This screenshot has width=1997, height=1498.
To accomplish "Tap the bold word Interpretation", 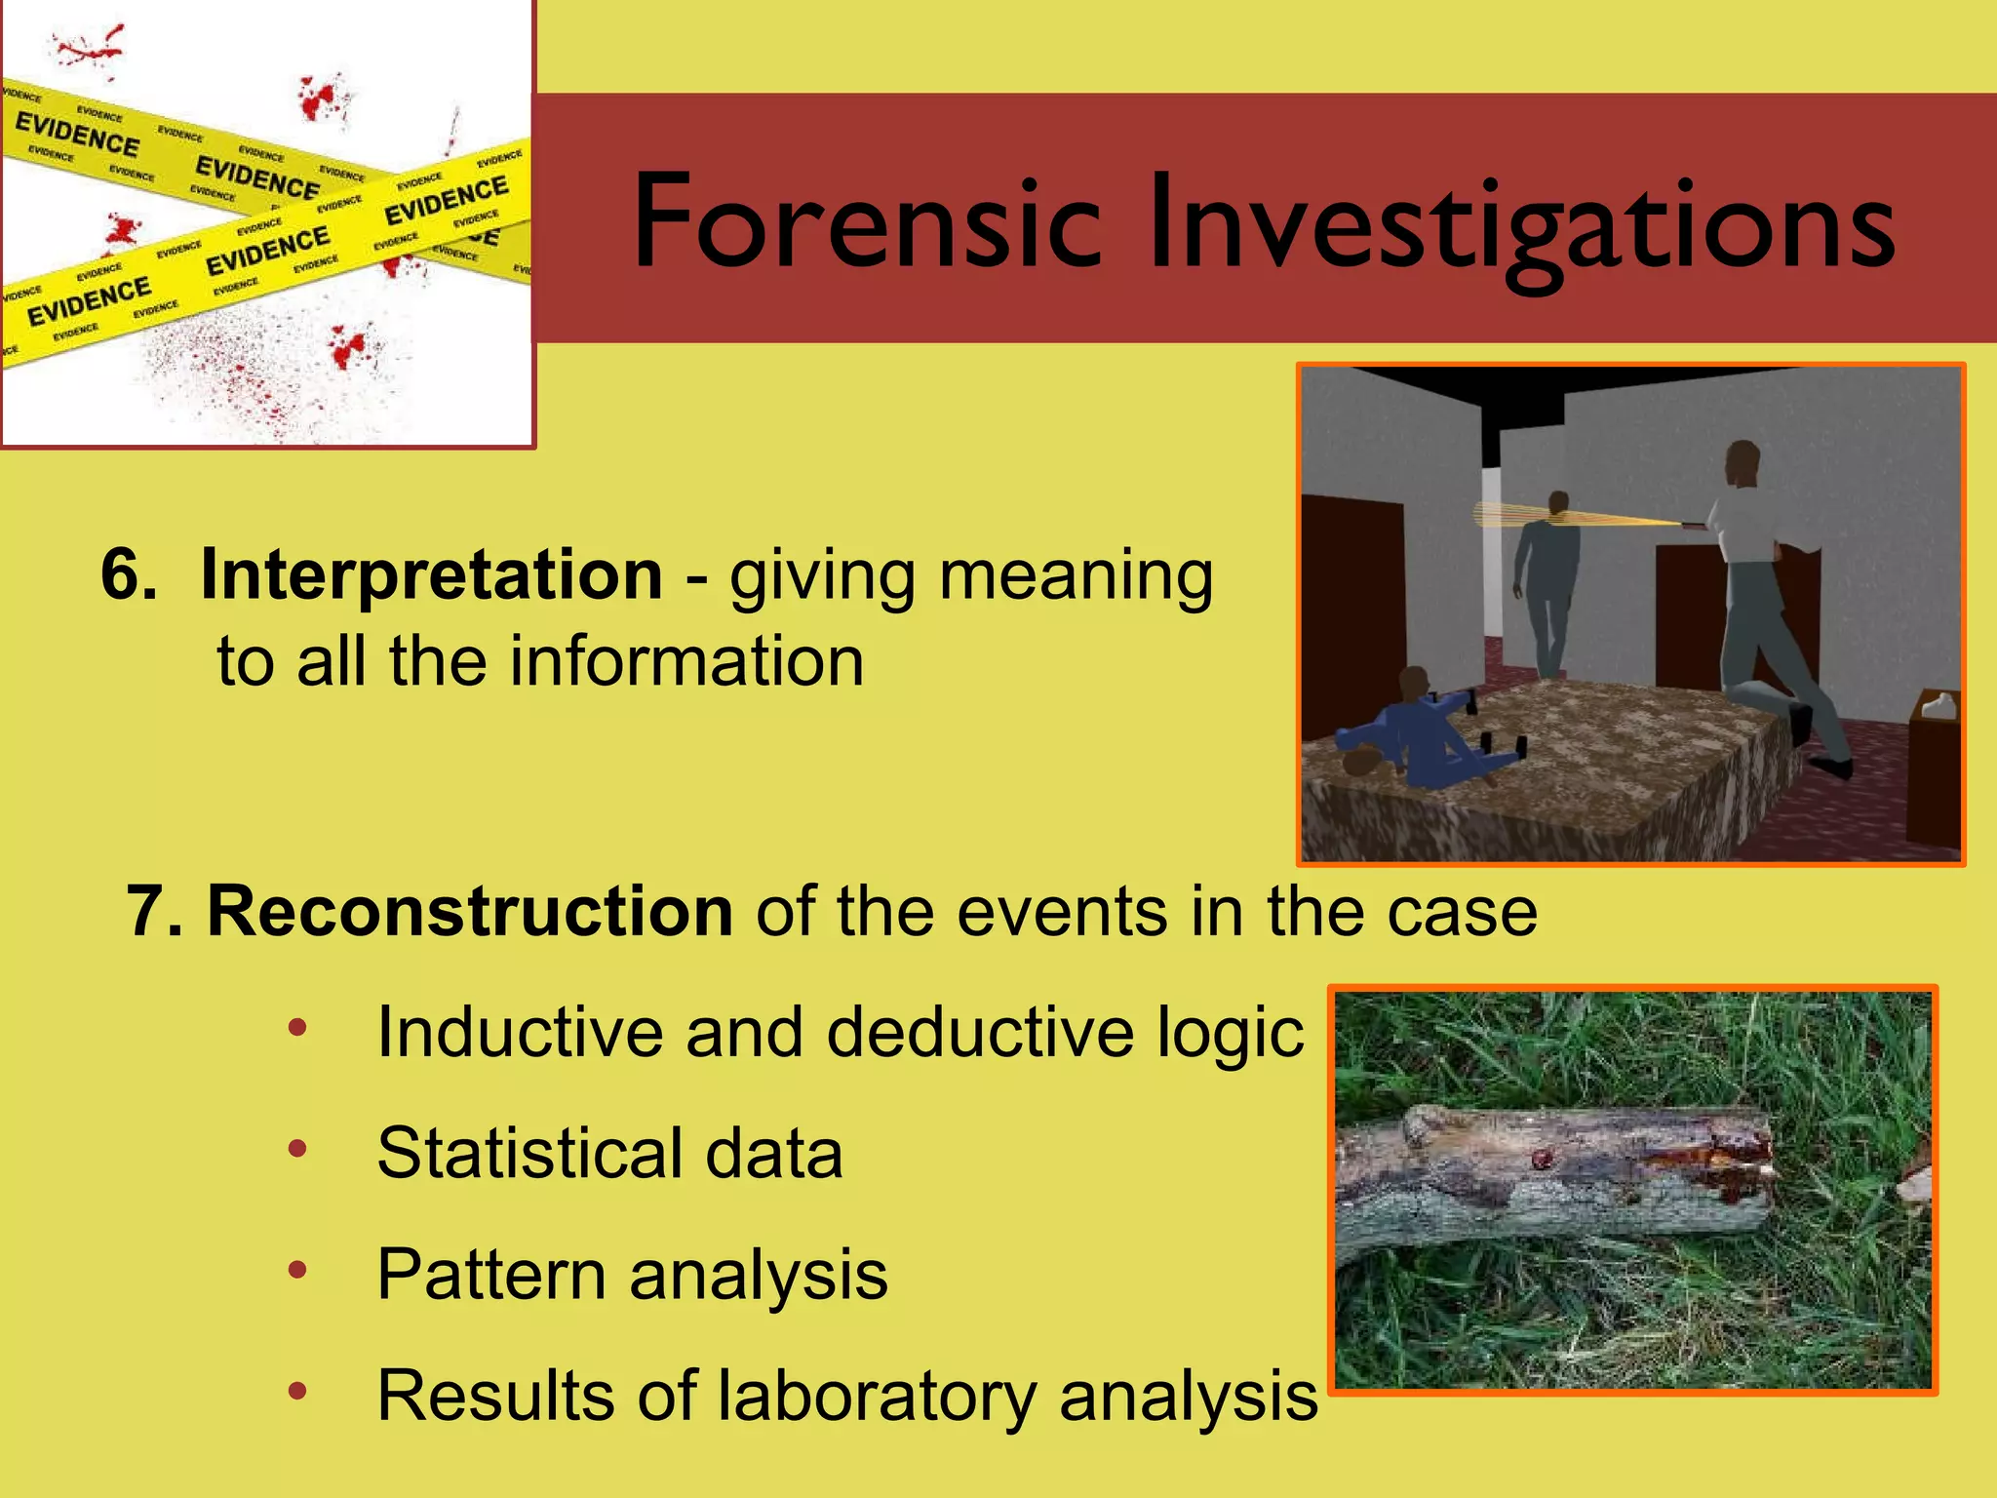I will coord(431,574).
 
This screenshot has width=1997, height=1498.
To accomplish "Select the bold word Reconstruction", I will coord(469,911).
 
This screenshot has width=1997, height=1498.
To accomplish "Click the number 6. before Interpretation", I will coord(129,574).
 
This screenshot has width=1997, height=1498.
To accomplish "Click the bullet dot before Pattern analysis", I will coord(297,1269).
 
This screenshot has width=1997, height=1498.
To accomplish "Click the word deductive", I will coord(981,1032).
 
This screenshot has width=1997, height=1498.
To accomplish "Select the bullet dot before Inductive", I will coord(297,1027).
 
